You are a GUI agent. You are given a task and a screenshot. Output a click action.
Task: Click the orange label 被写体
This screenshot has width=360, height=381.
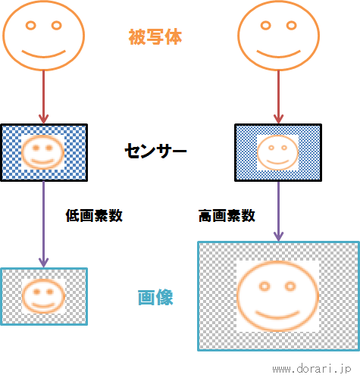point(155,37)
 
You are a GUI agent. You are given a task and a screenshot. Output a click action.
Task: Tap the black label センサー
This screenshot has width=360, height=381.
point(155,151)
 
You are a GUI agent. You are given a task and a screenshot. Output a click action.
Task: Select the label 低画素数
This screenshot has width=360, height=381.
point(94,216)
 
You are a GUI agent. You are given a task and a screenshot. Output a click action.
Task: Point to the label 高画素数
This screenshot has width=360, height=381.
point(227,216)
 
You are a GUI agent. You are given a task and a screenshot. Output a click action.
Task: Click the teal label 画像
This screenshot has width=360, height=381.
point(155,298)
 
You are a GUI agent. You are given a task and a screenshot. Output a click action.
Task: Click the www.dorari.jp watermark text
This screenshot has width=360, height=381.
point(311,369)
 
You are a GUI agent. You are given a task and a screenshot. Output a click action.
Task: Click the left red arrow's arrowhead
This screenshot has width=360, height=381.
point(43,119)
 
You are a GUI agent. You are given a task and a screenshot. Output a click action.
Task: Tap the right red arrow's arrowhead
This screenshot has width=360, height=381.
point(278,119)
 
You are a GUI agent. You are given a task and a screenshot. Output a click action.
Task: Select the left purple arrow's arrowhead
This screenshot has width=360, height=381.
point(43,262)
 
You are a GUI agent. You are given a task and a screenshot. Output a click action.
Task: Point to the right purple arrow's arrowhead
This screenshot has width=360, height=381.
point(278,236)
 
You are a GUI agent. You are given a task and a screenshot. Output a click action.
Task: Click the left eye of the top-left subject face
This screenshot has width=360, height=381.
point(31,26)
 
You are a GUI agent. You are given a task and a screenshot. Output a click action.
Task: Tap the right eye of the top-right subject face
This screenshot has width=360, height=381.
point(291,26)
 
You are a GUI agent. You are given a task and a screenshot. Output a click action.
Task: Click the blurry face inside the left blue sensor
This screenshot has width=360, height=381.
point(42,152)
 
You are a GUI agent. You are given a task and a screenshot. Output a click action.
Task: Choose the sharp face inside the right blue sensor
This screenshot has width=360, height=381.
point(277,152)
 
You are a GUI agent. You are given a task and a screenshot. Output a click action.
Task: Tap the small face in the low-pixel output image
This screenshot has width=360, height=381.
point(43,296)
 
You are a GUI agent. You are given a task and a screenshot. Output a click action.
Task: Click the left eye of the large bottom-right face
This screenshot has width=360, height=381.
point(265,286)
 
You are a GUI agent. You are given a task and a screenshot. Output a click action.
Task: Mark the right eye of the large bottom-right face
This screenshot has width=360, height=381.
point(290,286)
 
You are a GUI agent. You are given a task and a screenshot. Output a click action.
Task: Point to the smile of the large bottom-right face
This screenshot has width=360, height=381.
point(277,316)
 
